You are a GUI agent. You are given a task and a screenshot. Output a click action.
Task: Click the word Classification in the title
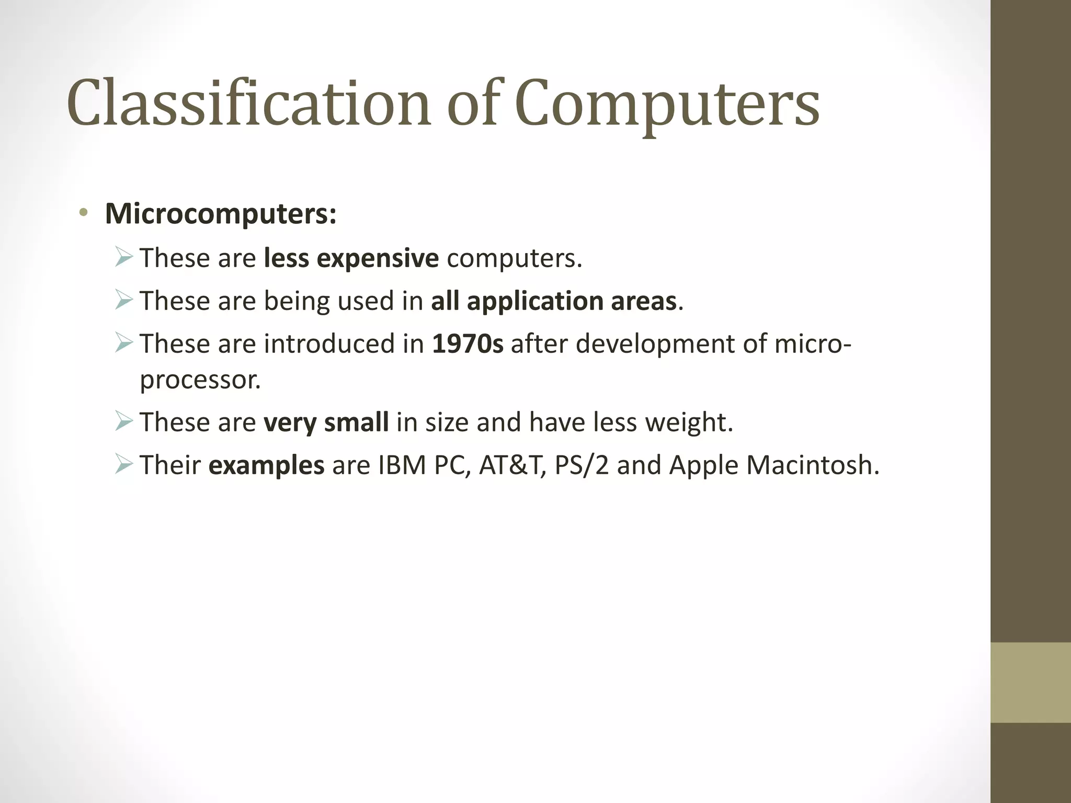248,103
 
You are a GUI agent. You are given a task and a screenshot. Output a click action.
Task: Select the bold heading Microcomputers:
221,214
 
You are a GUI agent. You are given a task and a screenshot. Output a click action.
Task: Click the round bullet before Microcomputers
83,212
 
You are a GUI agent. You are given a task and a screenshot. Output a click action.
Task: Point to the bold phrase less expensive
351,258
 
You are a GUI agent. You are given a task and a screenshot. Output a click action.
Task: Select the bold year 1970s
468,344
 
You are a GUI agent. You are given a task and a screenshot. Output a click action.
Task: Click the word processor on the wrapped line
200,380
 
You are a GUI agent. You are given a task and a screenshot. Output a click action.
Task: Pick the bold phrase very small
326,422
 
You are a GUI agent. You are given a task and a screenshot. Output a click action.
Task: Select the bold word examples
266,465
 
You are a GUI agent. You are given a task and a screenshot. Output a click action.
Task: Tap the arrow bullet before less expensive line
123,258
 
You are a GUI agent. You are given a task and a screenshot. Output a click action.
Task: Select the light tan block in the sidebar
1030,682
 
